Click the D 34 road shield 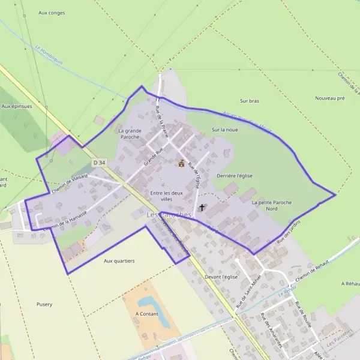point(99,163)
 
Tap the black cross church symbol point(201,208)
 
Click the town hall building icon point(181,163)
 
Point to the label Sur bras point(249,101)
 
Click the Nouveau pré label point(330,98)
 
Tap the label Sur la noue point(225,130)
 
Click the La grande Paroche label point(130,134)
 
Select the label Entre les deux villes point(166,196)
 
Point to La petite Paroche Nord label point(272,206)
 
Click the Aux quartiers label point(119,261)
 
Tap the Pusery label point(44,304)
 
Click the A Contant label point(146,313)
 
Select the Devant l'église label point(221,277)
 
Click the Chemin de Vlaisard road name point(70,183)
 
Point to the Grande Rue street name point(154,157)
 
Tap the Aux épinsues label point(16,106)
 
